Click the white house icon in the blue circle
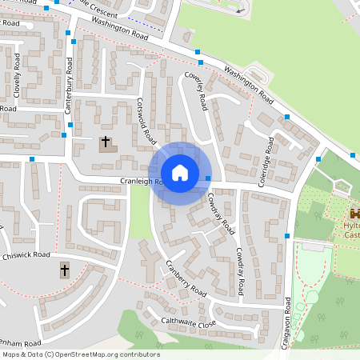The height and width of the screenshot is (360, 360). pos(180,173)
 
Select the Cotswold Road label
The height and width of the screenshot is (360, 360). pos(146,121)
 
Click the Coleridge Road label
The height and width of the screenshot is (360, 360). pos(266,162)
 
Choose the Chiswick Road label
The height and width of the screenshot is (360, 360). pos(26,255)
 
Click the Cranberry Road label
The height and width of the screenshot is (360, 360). pos(186,277)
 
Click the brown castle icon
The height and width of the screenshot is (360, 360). pos(354,214)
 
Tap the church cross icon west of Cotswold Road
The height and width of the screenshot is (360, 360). pos(105,143)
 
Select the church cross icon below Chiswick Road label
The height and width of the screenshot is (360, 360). pos(65,270)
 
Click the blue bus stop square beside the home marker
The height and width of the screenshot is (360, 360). pos(209,178)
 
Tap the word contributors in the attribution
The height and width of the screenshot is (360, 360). pos(140,354)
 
